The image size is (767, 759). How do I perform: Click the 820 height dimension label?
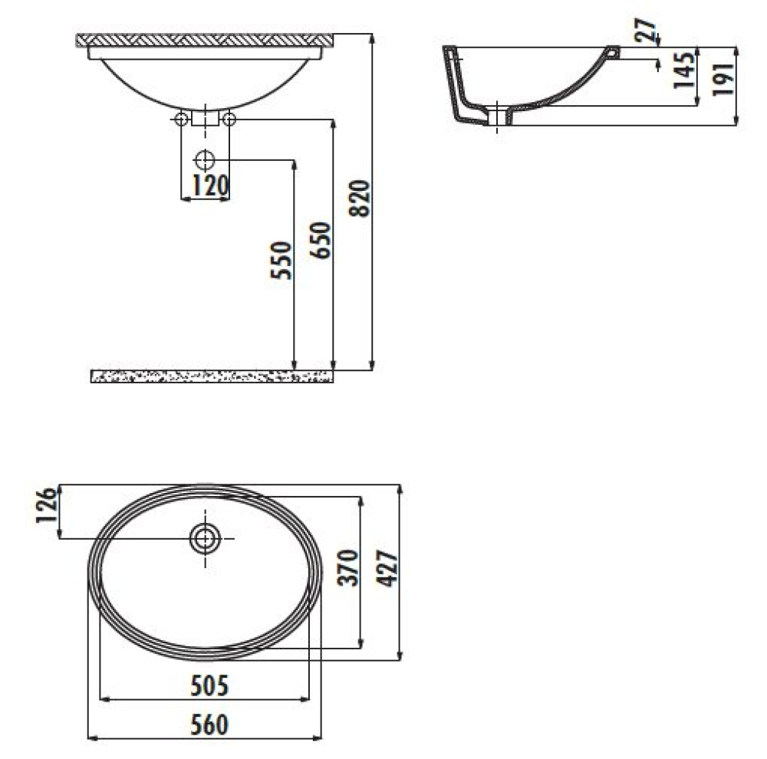pyautogui.click(x=360, y=199)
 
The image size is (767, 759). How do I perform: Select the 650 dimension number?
pyautogui.click(x=321, y=240)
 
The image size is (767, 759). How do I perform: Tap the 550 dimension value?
pyautogui.click(x=281, y=260)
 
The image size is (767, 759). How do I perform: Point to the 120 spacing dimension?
pyautogui.click(x=211, y=185)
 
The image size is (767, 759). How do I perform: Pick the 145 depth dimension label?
pyautogui.click(x=684, y=71)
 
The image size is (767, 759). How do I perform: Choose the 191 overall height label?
pyautogui.click(x=723, y=79)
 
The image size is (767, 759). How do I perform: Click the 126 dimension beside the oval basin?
pyautogui.click(x=47, y=504)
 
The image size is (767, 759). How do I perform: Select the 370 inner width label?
pyautogui.click(x=347, y=567)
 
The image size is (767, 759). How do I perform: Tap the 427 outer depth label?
pyautogui.click(x=387, y=568)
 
